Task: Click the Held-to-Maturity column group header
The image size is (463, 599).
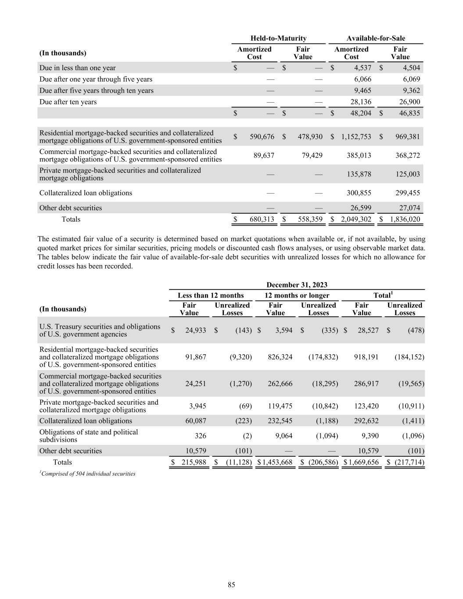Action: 278,38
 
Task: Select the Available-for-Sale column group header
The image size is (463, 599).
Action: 376,38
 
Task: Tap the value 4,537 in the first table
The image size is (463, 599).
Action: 363,68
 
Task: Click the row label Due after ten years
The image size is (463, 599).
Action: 68,102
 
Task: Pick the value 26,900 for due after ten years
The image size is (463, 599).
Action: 409,102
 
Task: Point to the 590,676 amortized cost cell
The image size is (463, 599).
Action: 262,136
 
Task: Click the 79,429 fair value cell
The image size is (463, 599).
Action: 310,155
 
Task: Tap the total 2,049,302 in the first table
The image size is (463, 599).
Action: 356,219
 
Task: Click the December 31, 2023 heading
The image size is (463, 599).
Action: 297,285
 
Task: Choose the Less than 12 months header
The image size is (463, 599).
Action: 210,295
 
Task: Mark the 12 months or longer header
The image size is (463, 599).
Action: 297,295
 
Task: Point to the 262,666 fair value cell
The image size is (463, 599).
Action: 280,383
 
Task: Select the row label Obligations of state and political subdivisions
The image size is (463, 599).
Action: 88,436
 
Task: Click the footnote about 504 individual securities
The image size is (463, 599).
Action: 87,473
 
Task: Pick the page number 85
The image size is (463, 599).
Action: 231,585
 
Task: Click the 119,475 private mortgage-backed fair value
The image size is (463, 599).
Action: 280,406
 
